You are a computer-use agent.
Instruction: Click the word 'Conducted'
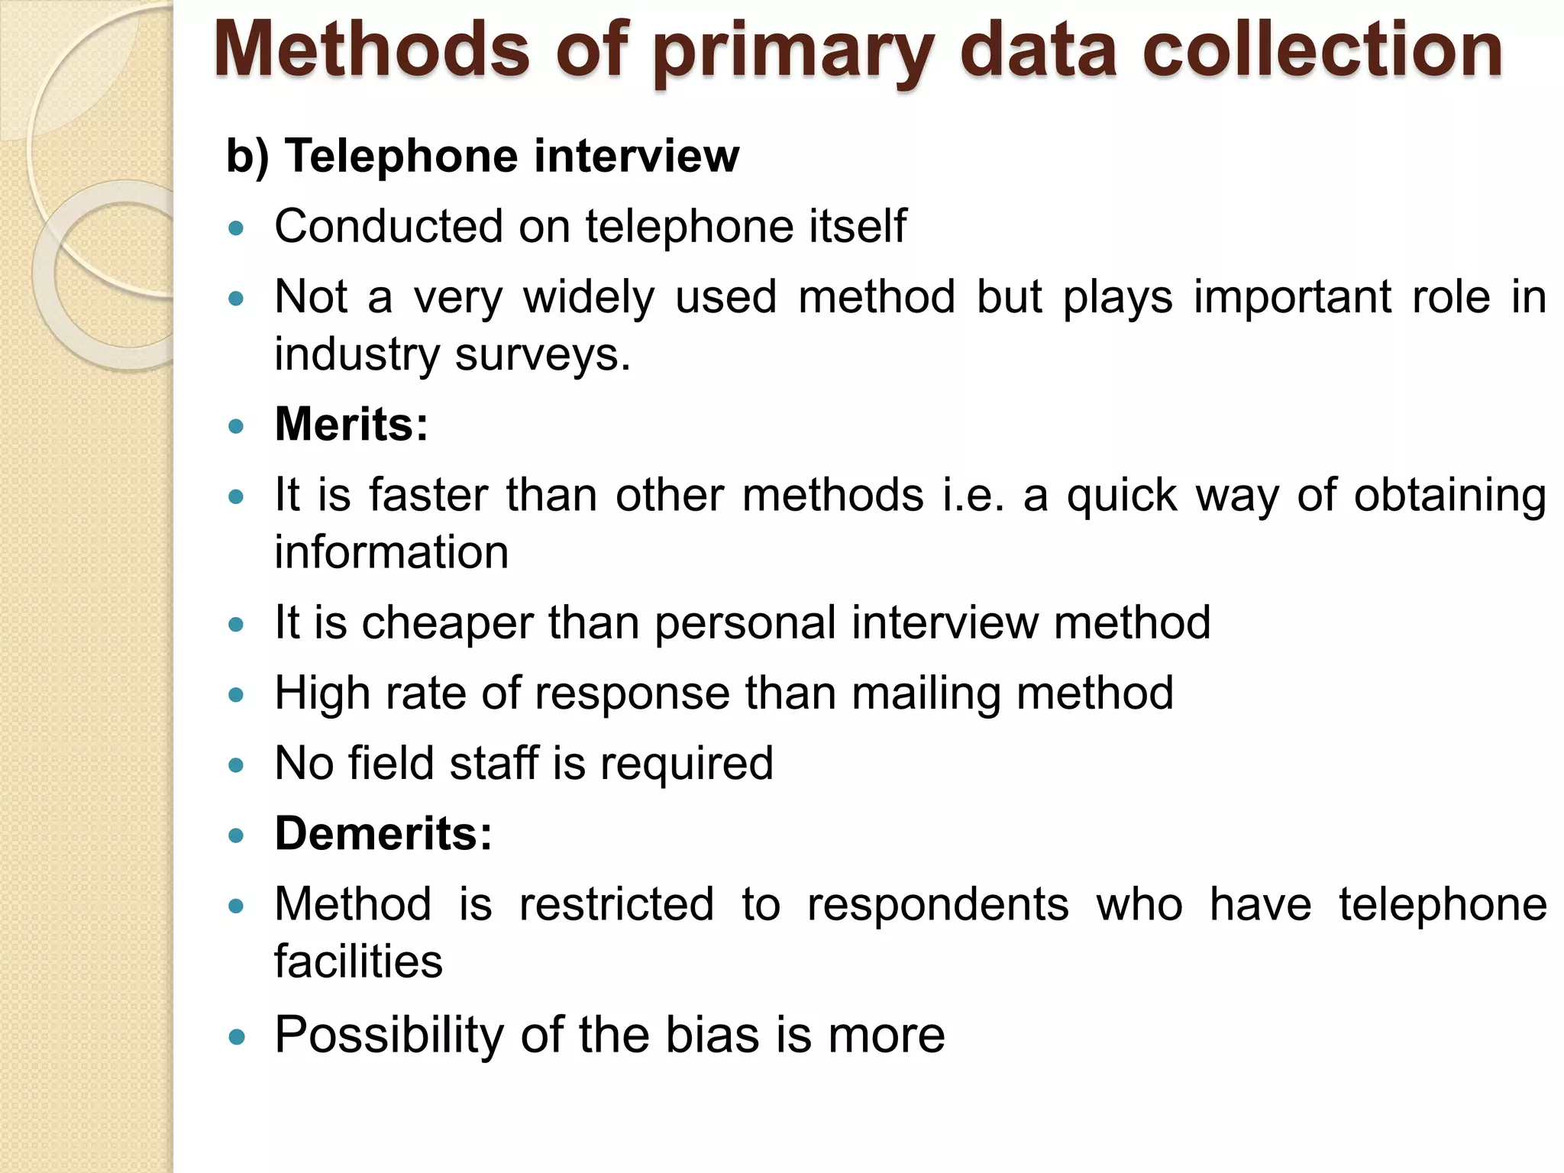tap(389, 227)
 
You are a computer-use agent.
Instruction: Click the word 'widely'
tap(588, 298)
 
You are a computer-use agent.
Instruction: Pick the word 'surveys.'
tap(543, 355)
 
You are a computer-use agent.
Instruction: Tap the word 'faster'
tap(428, 496)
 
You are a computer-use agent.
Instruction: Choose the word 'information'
tap(391, 552)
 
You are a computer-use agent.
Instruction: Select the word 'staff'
tap(493, 764)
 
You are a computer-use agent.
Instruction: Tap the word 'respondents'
tap(938, 905)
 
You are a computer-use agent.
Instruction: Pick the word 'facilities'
tap(358, 961)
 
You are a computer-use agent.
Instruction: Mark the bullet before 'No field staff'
tap(236, 765)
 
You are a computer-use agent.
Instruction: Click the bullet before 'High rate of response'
tap(236, 695)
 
